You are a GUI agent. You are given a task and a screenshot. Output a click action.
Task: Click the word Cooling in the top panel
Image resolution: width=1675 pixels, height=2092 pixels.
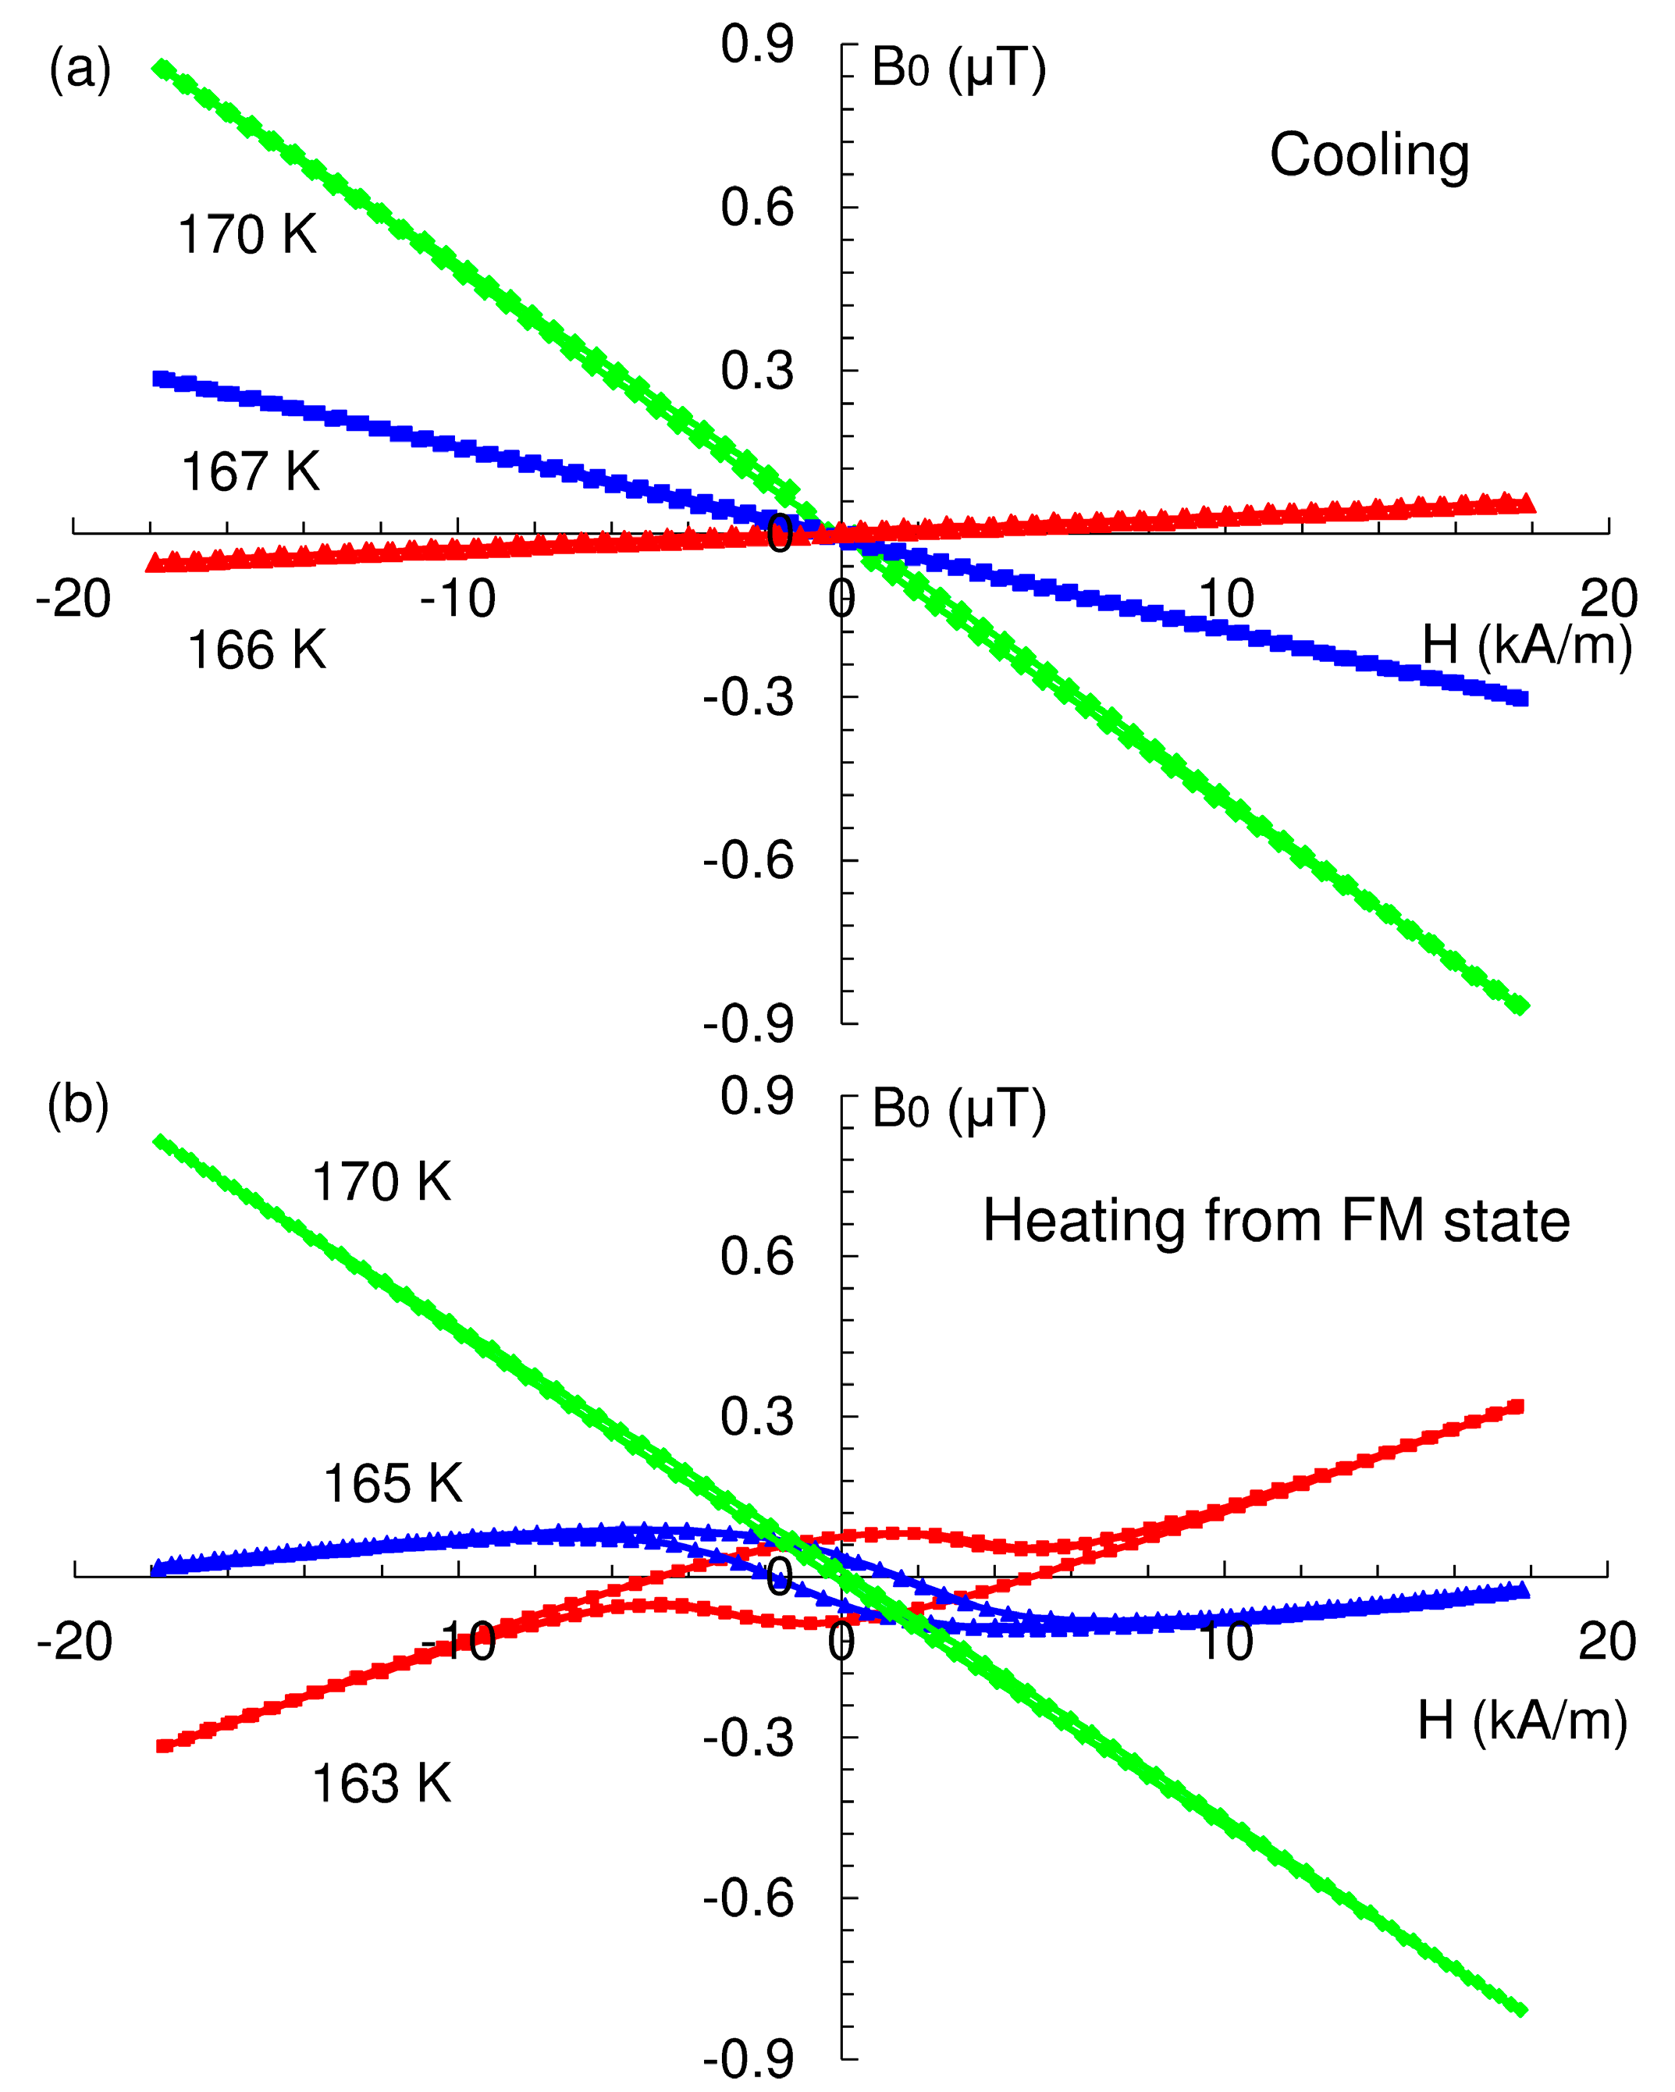(x=1369, y=156)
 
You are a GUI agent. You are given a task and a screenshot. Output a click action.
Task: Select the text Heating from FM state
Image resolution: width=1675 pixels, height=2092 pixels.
(x=1276, y=1221)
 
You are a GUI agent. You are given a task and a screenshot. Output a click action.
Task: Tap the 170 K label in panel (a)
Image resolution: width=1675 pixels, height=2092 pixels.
(x=247, y=236)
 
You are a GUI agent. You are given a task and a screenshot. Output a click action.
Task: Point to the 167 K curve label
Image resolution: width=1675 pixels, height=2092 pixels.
(x=251, y=472)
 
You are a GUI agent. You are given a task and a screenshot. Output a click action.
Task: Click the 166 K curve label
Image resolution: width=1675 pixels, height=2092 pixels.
(x=256, y=650)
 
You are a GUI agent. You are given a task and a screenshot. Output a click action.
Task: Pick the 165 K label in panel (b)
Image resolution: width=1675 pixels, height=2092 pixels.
(x=392, y=1485)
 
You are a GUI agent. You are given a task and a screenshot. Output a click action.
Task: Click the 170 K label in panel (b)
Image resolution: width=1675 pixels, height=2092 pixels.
(x=380, y=1183)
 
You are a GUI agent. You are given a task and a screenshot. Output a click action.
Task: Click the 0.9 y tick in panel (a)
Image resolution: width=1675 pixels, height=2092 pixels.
(x=757, y=45)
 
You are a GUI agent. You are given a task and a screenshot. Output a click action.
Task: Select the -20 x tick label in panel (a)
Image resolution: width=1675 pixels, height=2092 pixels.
(x=73, y=599)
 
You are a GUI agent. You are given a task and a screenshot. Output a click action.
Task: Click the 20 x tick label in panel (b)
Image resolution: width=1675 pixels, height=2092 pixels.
(x=1607, y=1642)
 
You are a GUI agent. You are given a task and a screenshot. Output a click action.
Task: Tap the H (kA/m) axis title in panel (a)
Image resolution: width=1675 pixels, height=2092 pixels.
(x=1527, y=646)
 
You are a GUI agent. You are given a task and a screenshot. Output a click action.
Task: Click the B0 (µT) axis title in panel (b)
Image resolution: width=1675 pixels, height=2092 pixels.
(x=958, y=1108)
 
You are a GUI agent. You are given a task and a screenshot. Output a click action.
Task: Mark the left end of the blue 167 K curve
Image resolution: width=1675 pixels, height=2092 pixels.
(x=161, y=379)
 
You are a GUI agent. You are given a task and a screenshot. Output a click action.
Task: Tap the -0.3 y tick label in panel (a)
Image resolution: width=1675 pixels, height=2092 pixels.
(x=749, y=698)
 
